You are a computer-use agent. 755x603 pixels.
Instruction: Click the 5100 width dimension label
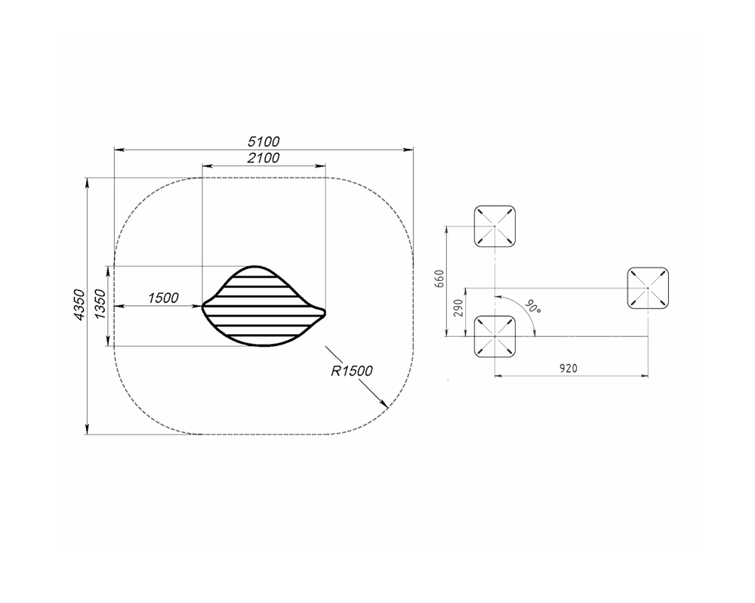tap(263, 142)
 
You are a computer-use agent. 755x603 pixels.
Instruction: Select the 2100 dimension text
tap(263, 158)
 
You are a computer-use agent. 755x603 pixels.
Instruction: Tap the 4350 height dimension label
tap(79, 305)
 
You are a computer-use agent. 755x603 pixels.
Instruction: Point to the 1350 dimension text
tap(100, 305)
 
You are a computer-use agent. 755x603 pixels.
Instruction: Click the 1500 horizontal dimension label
tap(163, 298)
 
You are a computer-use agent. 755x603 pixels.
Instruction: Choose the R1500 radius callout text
tap(352, 371)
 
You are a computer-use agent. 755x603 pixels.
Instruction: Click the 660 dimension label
tap(439, 279)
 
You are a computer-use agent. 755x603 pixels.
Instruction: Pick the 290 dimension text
tap(458, 308)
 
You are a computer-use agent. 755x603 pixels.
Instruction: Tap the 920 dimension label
tap(569, 369)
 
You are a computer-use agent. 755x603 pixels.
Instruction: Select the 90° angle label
tap(532, 307)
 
